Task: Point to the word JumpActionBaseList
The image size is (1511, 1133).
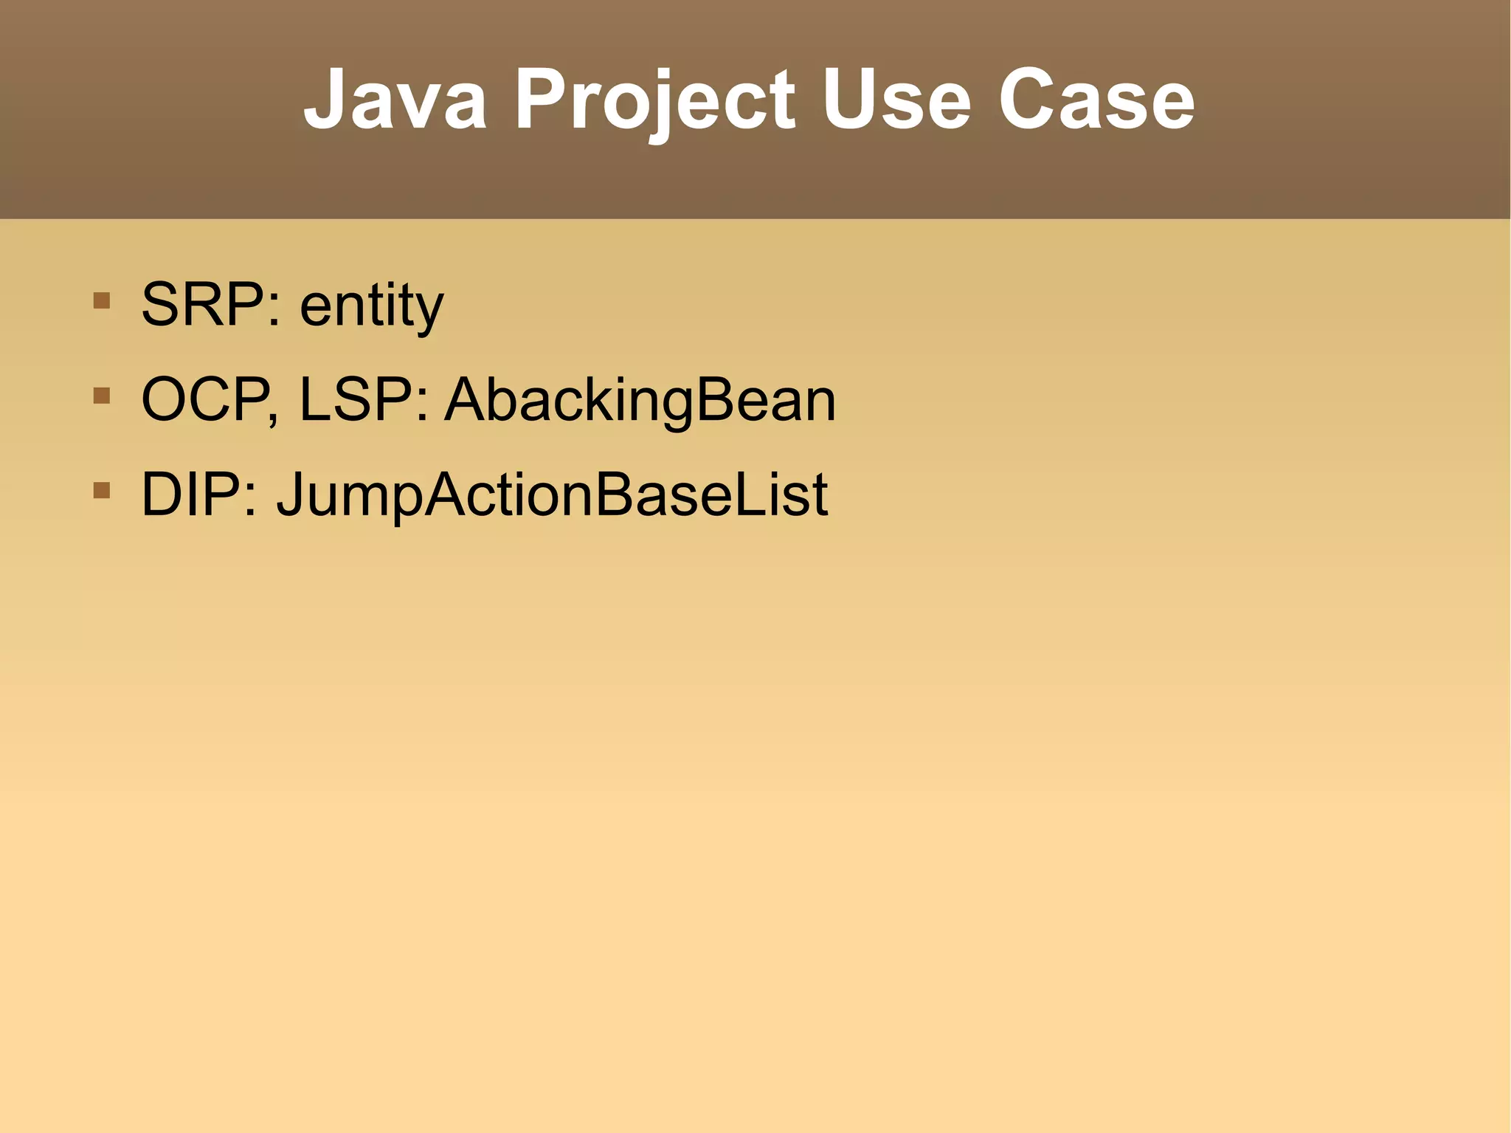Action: pos(552,495)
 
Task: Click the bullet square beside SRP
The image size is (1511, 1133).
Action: pos(102,300)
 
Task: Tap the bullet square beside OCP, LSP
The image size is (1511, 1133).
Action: pos(102,396)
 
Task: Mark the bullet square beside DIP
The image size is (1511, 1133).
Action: pos(102,490)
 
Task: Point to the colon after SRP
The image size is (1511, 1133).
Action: pos(274,310)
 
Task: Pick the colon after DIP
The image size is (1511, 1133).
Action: pos(251,500)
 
